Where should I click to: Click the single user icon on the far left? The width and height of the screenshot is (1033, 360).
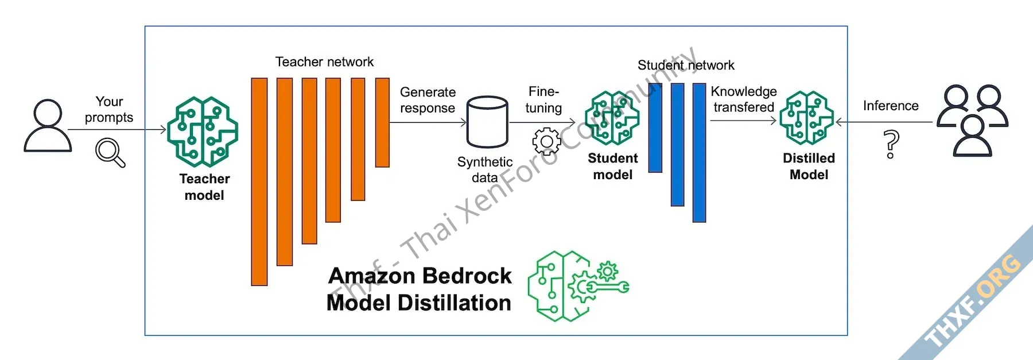point(48,125)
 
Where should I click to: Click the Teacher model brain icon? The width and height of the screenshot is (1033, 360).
point(203,131)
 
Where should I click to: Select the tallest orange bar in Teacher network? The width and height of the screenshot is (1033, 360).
point(259,181)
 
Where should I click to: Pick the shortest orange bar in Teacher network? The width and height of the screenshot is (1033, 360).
point(382,122)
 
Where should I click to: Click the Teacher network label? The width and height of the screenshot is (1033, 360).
point(324,62)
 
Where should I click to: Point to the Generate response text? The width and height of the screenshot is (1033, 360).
point(428,100)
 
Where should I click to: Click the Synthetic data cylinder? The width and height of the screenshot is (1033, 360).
point(487,122)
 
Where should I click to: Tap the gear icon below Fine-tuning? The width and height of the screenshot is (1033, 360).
point(546,142)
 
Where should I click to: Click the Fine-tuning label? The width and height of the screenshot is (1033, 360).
point(543,99)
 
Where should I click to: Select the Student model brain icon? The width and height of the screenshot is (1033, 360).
point(612,118)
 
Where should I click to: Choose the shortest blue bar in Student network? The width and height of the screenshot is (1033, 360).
point(655,127)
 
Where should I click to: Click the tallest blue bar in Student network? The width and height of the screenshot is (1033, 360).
point(699,152)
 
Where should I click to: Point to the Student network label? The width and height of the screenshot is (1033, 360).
point(686,65)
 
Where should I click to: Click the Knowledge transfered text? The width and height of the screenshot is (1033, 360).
point(744,99)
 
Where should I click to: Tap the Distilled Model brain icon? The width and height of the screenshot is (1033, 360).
point(806,118)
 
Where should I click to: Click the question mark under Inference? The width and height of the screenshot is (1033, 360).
point(891,144)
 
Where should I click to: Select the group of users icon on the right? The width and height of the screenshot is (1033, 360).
point(972,121)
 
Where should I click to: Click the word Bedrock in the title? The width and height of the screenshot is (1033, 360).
point(466,276)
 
